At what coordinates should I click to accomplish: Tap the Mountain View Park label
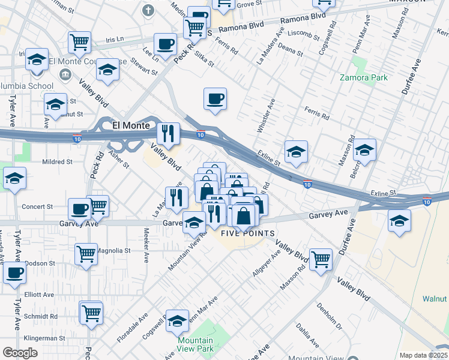[195, 344]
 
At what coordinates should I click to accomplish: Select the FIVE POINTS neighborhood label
[248, 233]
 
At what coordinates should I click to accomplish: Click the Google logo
[20, 353]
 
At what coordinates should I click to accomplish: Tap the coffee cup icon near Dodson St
[14, 272]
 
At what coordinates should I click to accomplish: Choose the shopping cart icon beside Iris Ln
[79, 42]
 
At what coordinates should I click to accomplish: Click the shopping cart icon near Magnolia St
[86, 253]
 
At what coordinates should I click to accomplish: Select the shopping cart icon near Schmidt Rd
[91, 312]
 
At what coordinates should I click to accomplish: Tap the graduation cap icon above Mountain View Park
[178, 322]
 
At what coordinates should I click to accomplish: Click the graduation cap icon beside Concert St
[14, 178]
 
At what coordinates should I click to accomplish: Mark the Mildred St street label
[57, 162]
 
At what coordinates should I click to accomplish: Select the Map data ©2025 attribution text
[423, 355]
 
